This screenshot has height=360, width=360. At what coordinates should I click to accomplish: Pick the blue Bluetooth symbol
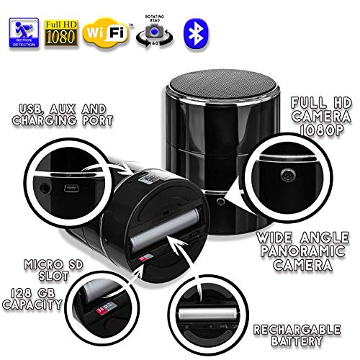189,29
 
